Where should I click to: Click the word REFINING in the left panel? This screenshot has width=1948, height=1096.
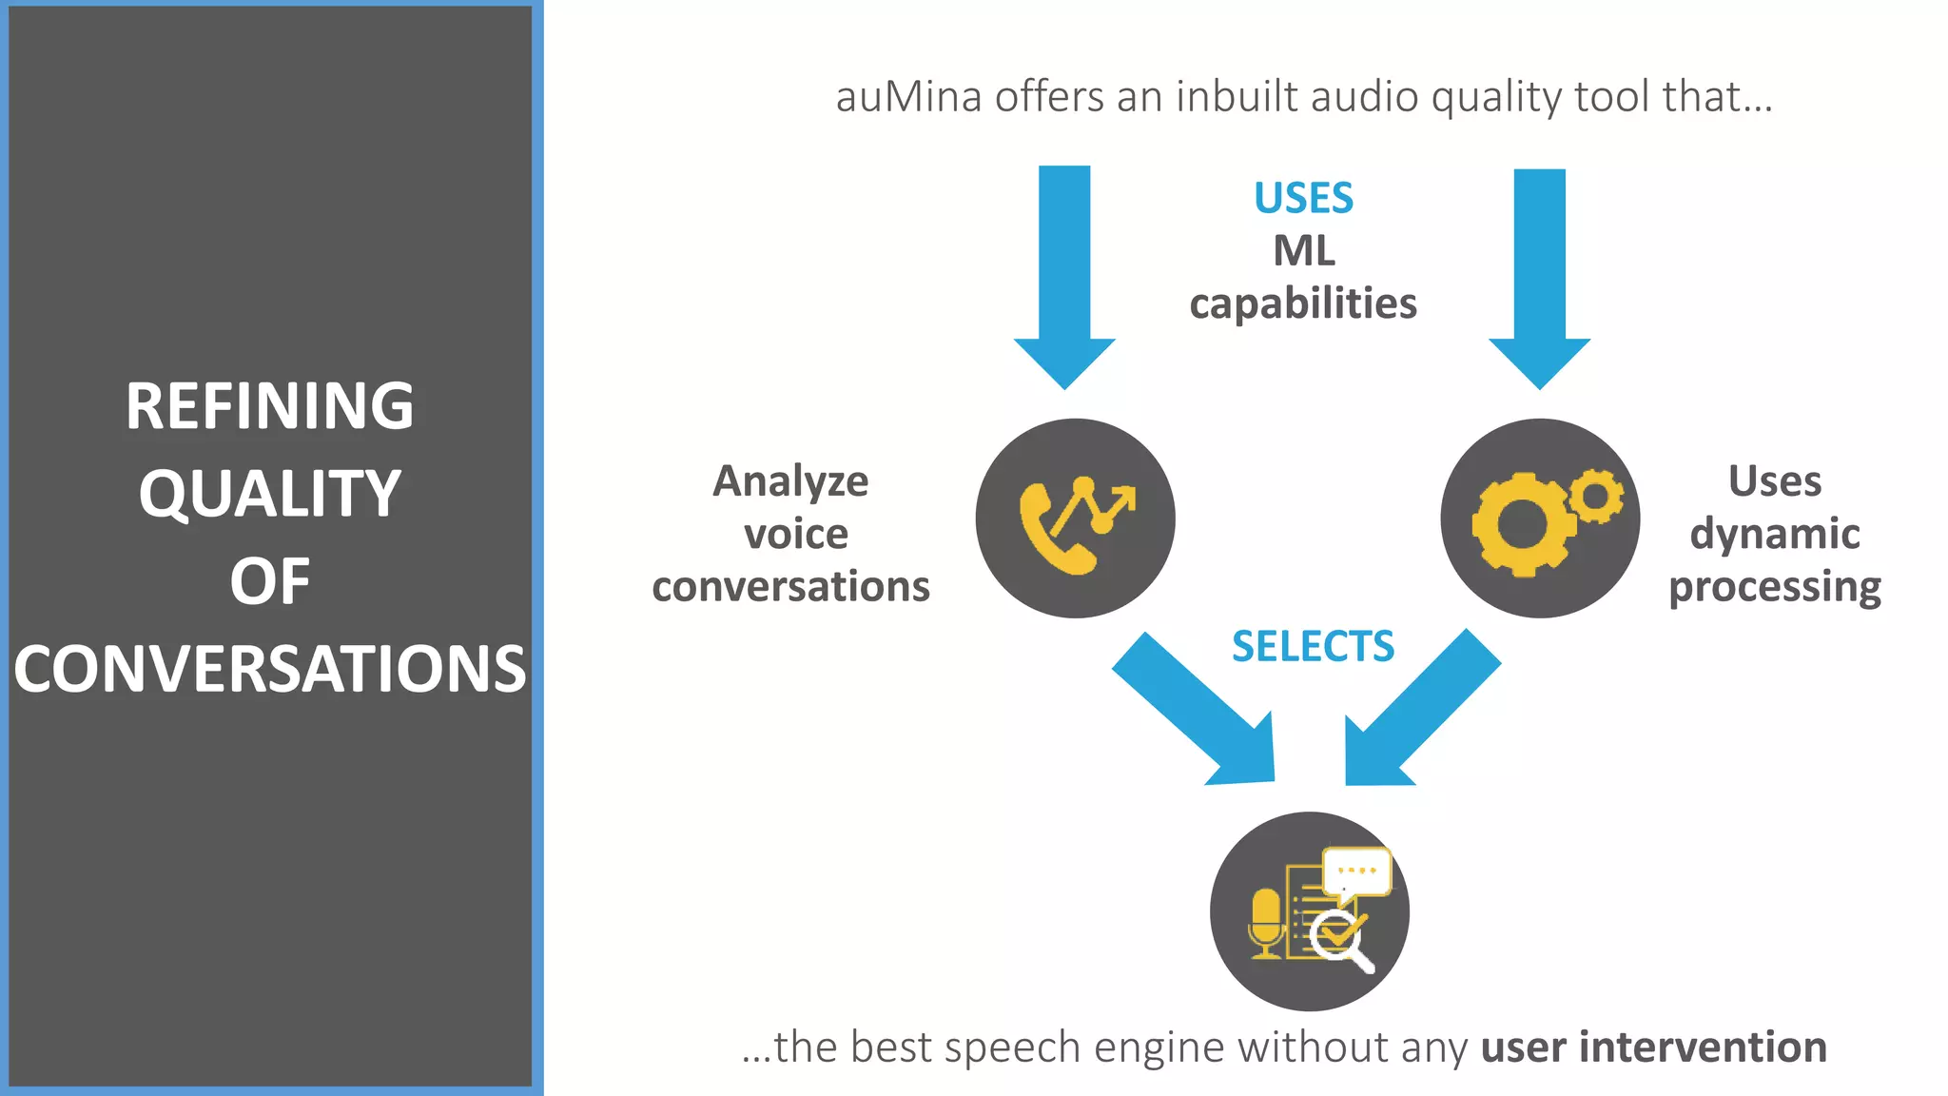(269, 406)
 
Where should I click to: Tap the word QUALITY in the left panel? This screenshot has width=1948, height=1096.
(269, 494)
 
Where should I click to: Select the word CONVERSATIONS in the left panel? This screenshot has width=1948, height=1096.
(269, 669)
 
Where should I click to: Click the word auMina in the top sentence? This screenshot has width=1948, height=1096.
(908, 97)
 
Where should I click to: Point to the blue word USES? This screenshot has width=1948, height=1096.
(1303, 198)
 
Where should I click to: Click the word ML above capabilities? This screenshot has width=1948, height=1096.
(1303, 251)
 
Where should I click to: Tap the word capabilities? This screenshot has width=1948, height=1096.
(1303, 304)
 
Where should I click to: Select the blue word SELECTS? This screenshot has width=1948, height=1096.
(1313, 647)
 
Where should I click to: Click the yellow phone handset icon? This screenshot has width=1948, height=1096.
(1051, 533)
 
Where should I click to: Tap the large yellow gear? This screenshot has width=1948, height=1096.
(1519, 524)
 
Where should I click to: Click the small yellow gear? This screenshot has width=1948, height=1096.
(1596, 496)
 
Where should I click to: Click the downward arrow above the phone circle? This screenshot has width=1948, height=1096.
(1064, 276)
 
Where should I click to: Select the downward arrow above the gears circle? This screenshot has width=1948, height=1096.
(1539, 276)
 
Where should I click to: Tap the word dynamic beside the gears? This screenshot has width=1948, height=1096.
(1774, 534)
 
